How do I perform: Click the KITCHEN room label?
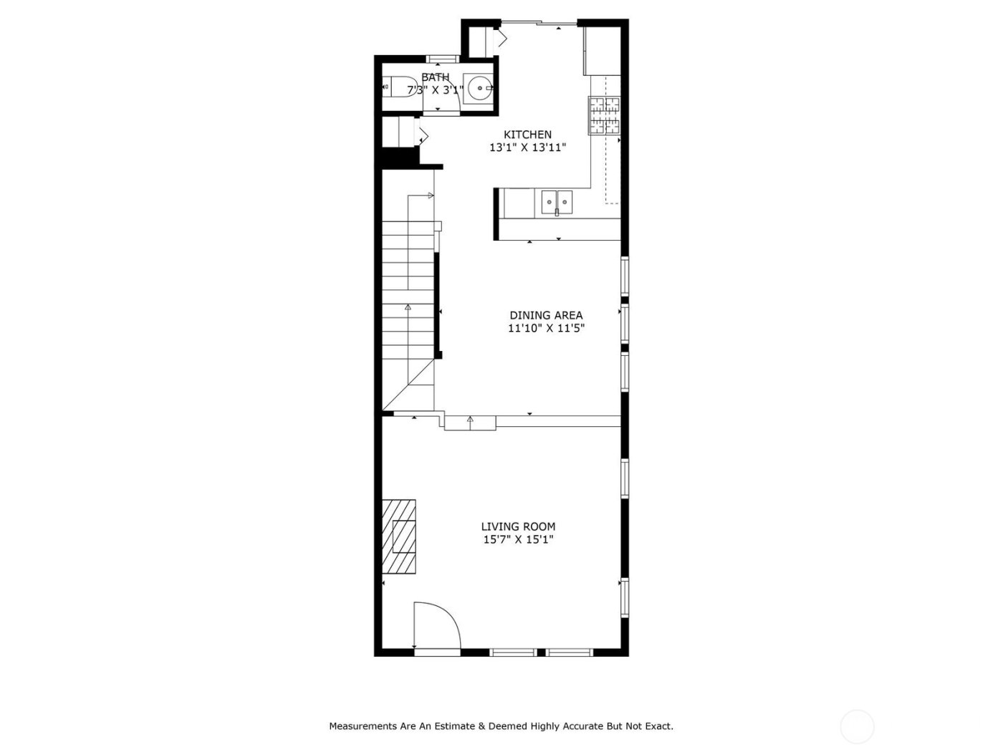(x=527, y=135)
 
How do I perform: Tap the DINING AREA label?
(x=546, y=315)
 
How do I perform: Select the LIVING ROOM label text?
(x=518, y=526)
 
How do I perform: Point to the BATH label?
(x=436, y=77)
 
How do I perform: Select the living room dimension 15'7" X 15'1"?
(x=518, y=540)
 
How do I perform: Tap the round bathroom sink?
(x=479, y=88)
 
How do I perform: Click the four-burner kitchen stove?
(x=604, y=115)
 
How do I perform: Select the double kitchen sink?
(x=557, y=202)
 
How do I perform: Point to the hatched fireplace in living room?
(x=399, y=536)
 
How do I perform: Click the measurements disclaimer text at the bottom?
(x=501, y=726)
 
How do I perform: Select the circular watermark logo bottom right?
(x=857, y=727)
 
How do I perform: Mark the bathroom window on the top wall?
(x=442, y=59)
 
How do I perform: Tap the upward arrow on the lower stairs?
(x=408, y=307)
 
